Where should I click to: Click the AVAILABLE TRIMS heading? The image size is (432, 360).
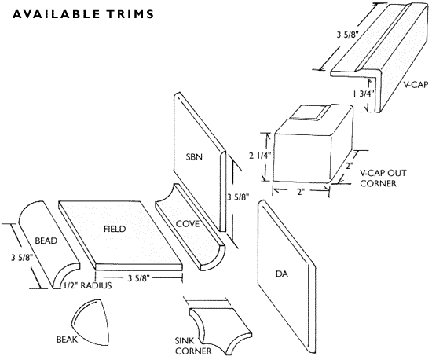(83, 14)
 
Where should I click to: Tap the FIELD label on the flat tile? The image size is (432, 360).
(115, 229)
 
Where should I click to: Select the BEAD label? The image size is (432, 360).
(46, 241)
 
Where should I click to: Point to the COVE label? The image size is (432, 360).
(188, 224)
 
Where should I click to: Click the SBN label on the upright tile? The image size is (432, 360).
(194, 157)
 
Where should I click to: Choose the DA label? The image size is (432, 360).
(282, 274)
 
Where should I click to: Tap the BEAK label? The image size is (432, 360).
(67, 340)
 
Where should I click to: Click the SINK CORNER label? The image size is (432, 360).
(193, 346)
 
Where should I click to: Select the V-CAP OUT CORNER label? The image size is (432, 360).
(383, 178)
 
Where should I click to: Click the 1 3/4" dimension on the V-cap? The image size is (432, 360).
(364, 94)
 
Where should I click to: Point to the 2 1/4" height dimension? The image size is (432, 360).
(260, 156)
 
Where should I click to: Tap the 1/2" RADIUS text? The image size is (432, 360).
(88, 285)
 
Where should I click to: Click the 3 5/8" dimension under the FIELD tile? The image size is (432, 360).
(138, 279)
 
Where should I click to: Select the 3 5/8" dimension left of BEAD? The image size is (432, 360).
(22, 258)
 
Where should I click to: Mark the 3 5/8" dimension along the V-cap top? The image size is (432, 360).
(347, 35)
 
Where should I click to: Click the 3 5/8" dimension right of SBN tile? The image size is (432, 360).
(238, 197)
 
